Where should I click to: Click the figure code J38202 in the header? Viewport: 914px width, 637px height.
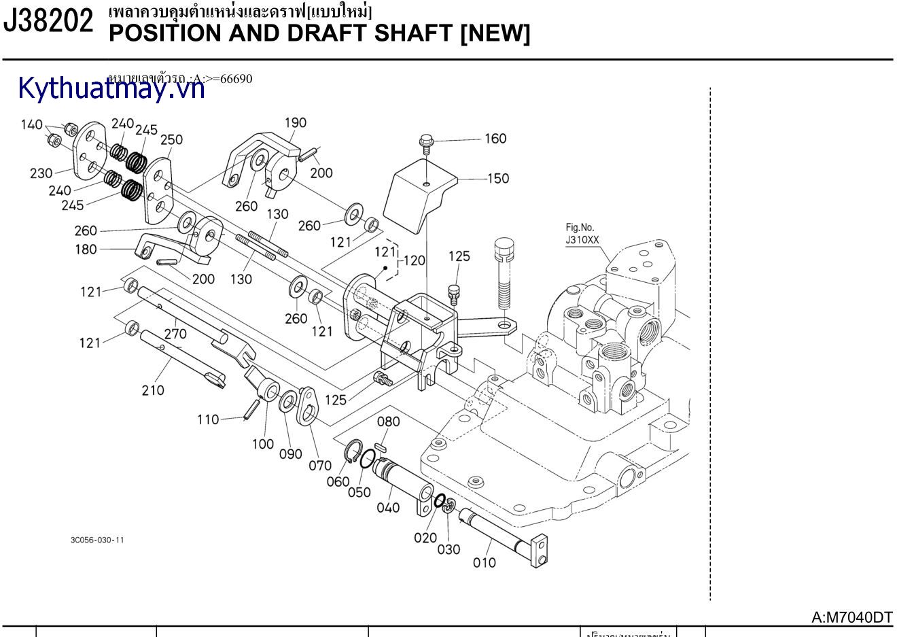[x=48, y=22]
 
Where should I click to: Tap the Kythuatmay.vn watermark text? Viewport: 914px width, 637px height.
[x=111, y=88]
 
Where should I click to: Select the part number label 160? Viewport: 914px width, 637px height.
[x=495, y=139]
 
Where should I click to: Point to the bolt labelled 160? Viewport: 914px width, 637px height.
[x=426, y=143]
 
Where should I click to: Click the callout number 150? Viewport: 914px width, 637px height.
[x=498, y=178]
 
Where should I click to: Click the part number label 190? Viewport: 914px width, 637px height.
[x=295, y=123]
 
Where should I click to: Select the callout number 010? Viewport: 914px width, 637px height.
[x=485, y=562]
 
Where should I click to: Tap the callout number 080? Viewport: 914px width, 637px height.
[x=388, y=421]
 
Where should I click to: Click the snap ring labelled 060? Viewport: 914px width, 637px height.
[x=354, y=452]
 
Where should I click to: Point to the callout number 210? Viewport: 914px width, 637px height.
[x=153, y=390]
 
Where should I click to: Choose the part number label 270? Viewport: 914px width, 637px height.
[x=175, y=334]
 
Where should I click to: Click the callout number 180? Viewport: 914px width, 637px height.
[x=86, y=249]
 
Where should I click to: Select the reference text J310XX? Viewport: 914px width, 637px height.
[x=583, y=240]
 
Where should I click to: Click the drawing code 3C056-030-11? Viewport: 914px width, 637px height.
[x=97, y=540]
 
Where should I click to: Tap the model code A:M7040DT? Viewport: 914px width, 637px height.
[x=852, y=617]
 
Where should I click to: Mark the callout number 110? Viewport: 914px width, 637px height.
[x=208, y=419]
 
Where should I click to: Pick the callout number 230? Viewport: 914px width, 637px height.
[x=41, y=173]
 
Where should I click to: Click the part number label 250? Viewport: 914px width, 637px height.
[x=171, y=139]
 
